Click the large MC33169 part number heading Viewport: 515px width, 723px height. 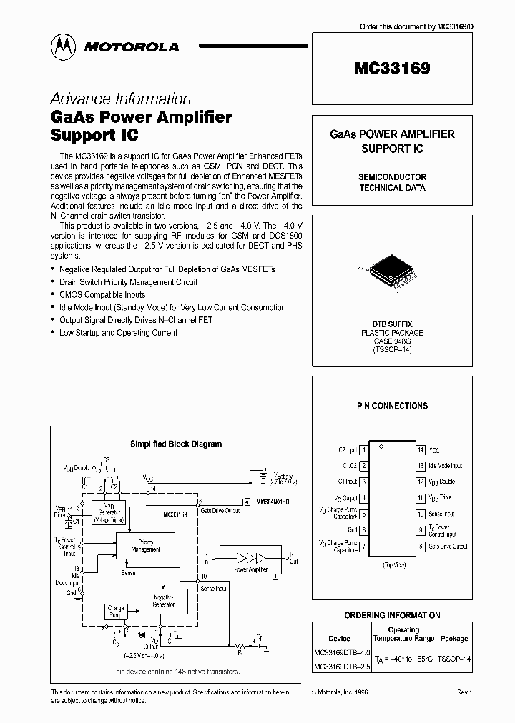(392, 69)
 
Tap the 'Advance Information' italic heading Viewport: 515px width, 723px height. (120, 99)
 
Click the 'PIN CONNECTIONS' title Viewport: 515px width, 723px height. (392, 406)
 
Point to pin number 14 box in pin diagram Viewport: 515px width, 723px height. (421, 450)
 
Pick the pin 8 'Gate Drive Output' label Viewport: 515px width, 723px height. (448, 547)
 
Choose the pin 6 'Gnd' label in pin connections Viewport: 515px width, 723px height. (352, 530)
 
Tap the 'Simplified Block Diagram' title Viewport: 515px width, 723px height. (176, 444)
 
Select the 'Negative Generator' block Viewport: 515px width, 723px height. (164, 600)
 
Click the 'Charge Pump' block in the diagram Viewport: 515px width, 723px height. (116, 612)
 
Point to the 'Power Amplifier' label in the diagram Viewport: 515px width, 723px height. (251, 569)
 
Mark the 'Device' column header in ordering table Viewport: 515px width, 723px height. (339, 638)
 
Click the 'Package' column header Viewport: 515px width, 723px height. (453, 638)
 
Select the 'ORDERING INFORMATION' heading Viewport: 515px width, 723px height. (392, 615)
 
